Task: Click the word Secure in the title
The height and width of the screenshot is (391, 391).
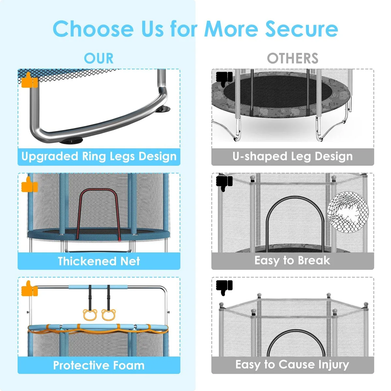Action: coord(301,29)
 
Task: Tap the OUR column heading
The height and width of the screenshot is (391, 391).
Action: coord(99,58)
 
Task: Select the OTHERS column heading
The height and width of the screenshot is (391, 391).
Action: coord(293,58)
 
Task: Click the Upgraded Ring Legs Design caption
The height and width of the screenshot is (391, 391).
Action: coord(99,157)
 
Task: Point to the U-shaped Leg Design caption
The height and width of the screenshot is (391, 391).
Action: coord(293,157)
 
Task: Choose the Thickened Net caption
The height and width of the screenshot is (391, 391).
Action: coord(99,261)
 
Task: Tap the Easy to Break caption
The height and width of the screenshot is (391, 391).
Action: coord(292,261)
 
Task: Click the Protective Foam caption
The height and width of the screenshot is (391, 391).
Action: coord(99,365)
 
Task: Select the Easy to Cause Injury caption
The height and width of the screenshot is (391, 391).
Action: coord(292,365)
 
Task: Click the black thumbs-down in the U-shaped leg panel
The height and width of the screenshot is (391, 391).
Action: coord(224,80)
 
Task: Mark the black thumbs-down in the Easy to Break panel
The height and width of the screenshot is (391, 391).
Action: coord(224,184)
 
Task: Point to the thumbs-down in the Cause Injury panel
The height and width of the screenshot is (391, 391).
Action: coord(224,288)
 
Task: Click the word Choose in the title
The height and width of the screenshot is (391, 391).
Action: coord(93,29)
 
